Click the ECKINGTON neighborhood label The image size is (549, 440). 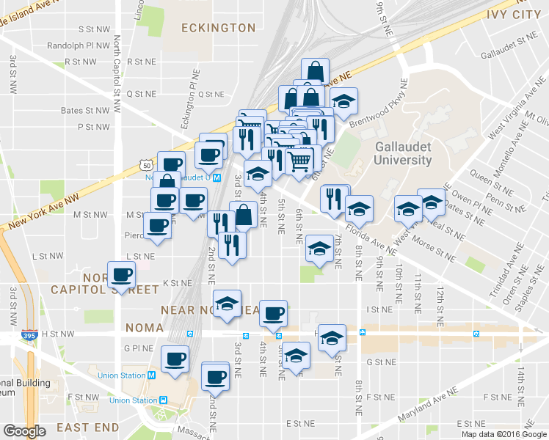coord(219,28)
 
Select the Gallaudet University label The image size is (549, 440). coord(403,153)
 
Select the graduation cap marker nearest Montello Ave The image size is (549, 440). coord(432,200)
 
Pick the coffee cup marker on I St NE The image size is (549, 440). coord(274,313)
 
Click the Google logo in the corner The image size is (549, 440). coord(24,431)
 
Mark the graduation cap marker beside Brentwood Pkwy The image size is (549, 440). coord(343,103)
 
